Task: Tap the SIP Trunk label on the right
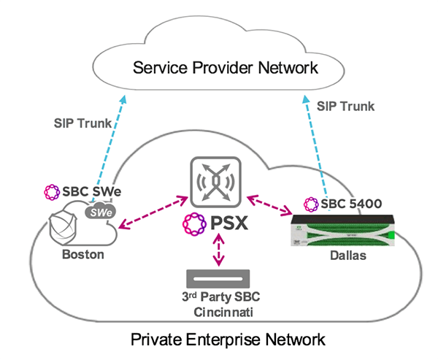pyautogui.click(x=345, y=106)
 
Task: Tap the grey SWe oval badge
pyautogui.click(x=100, y=212)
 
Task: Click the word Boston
pyautogui.click(x=82, y=255)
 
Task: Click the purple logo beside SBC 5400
pyautogui.click(x=310, y=203)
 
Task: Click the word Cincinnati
pyautogui.click(x=219, y=311)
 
